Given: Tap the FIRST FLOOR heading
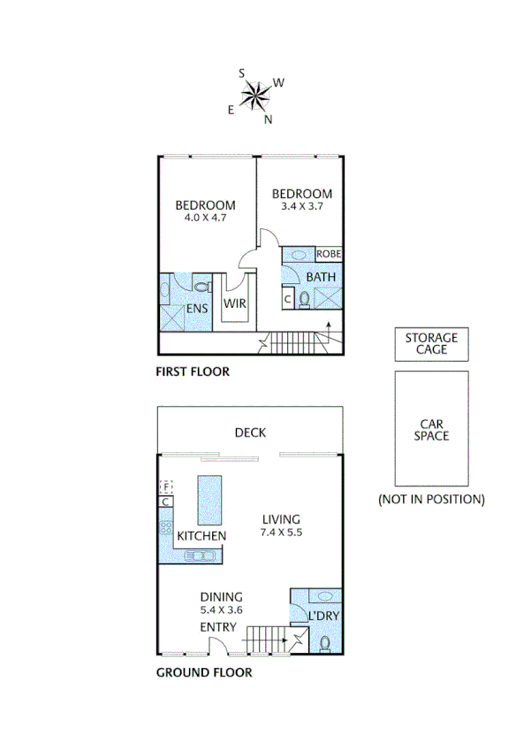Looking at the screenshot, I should (x=193, y=372).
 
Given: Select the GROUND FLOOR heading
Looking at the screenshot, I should (x=204, y=672).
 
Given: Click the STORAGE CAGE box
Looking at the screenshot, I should (x=431, y=343).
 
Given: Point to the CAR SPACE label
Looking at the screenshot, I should (x=431, y=429).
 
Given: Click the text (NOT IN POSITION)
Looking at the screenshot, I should (x=431, y=499).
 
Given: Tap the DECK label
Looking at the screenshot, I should (x=250, y=433).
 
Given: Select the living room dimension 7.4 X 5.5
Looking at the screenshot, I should (x=281, y=533).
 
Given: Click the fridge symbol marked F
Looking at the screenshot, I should (x=165, y=487).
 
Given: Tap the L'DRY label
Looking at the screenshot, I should (x=323, y=615).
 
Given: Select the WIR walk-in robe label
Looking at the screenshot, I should (x=234, y=303).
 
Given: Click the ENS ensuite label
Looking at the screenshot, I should (x=196, y=309).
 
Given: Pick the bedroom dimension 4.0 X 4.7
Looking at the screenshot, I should (x=205, y=217).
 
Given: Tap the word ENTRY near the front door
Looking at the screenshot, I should (x=217, y=627).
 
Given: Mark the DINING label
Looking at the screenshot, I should (x=221, y=597).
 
